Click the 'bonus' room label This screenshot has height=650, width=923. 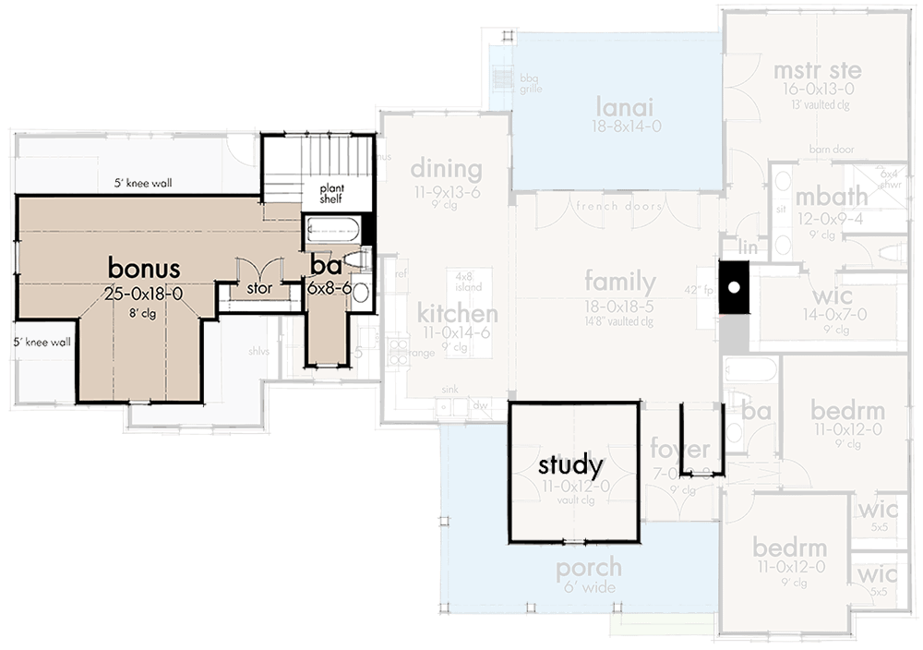[143, 267]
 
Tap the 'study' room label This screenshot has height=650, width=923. [570, 464]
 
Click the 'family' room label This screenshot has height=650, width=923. [620, 283]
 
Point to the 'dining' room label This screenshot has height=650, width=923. [446, 169]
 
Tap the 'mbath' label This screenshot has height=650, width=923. [832, 196]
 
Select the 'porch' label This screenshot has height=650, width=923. [588, 568]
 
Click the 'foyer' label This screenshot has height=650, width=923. [679, 450]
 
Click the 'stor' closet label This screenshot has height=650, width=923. [258, 288]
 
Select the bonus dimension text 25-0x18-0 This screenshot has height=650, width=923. [145, 294]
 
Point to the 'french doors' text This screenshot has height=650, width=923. [619, 206]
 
